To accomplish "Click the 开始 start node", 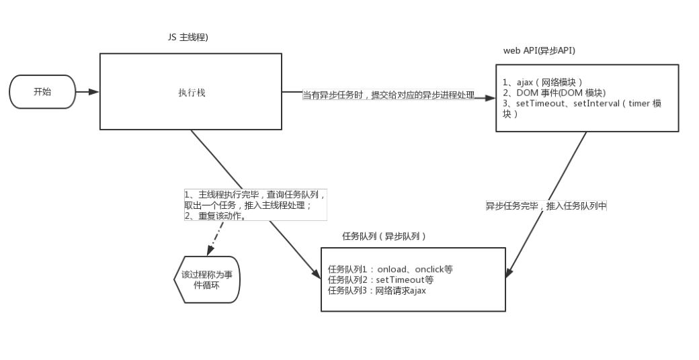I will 42,92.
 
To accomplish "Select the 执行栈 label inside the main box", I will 192,93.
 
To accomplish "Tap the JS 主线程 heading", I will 188,38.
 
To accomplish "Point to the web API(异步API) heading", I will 539,50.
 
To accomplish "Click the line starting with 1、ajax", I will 542,82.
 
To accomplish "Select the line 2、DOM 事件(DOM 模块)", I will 554,93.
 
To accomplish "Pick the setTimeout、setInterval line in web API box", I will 582,103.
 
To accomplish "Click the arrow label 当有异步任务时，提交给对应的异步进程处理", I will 388,95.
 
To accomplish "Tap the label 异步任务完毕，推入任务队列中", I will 546,206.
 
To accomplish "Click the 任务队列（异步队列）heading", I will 384,236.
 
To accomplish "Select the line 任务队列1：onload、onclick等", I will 390,269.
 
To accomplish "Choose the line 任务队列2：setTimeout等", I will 380,280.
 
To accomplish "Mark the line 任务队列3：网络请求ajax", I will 376,291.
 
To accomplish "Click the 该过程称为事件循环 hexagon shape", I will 207,279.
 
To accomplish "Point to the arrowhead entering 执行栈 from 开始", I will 94,92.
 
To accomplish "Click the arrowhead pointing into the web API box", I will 490,97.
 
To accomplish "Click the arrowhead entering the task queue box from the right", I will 508,273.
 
